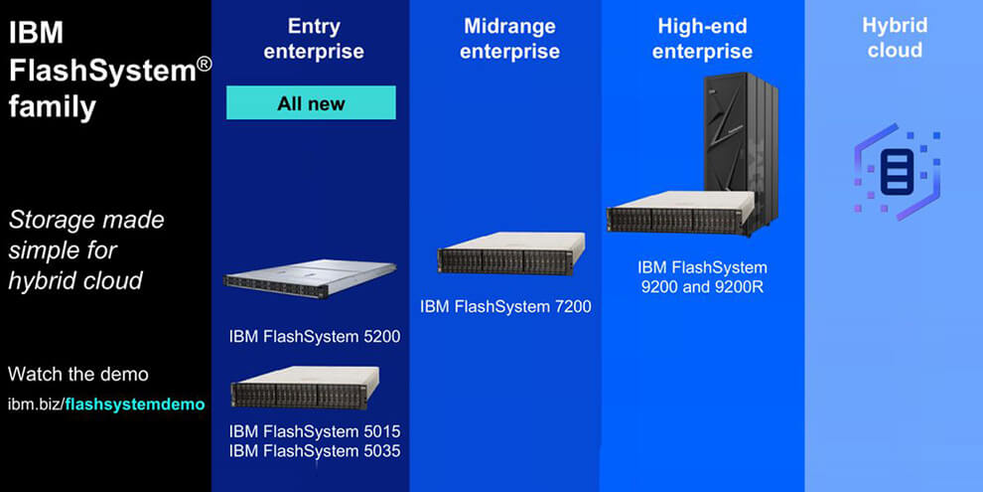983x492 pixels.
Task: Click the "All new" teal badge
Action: pyautogui.click(x=311, y=102)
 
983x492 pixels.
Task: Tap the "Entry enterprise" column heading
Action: pyautogui.click(x=314, y=39)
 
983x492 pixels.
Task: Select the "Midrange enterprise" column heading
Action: pyautogui.click(x=509, y=39)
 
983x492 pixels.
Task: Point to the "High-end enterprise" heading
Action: pyautogui.click(x=702, y=39)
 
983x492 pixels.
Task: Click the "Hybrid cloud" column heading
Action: pyautogui.click(x=895, y=37)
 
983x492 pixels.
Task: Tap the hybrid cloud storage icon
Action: pyautogui.click(x=898, y=171)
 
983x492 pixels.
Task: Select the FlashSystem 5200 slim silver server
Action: pyautogui.click(x=310, y=278)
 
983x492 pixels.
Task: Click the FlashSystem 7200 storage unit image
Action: pyautogui.click(x=511, y=253)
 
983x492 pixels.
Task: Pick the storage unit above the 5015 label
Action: pyautogui.click(x=305, y=388)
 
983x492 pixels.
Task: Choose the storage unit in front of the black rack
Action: pyautogui.click(x=681, y=213)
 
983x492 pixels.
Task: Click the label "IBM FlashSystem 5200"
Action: pyautogui.click(x=315, y=337)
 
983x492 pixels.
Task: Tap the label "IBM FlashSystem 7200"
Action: pyautogui.click(x=506, y=307)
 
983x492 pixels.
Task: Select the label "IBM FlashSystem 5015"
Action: pyautogui.click(x=315, y=431)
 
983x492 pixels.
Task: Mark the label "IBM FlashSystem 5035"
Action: pyautogui.click(x=315, y=451)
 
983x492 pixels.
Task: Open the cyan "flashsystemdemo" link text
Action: pyautogui.click(x=135, y=405)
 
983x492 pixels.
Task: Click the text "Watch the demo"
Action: pyautogui.click(x=78, y=375)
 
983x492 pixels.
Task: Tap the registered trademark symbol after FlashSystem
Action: pyautogui.click(x=204, y=65)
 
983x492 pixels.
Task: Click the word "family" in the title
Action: pyautogui.click(x=52, y=107)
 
